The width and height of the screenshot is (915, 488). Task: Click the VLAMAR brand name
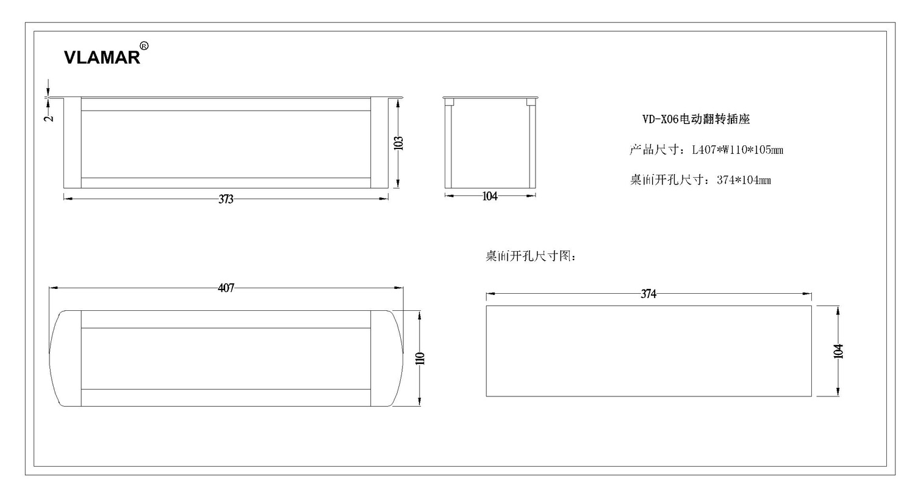pyautogui.click(x=102, y=57)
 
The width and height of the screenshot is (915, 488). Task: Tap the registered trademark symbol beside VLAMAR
pyautogui.click(x=144, y=46)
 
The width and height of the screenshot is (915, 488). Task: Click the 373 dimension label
pyautogui.click(x=226, y=199)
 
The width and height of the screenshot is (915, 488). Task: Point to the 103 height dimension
pyautogui.click(x=399, y=143)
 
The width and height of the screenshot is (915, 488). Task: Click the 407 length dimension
pyautogui.click(x=226, y=288)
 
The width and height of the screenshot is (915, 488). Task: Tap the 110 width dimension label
pyautogui.click(x=420, y=359)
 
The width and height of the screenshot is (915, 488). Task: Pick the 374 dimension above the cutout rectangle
pyautogui.click(x=648, y=294)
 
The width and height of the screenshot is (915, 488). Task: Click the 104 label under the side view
pyautogui.click(x=490, y=196)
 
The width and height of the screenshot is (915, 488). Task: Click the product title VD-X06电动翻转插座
pyautogui.click(x=696, y=119)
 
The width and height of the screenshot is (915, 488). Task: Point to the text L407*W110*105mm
pyautogui.click(x=737, y=150)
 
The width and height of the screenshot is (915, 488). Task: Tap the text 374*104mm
pyautogui.click(x=744, y=180)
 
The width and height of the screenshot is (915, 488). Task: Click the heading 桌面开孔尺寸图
pyautogui.click(x=528, y=256)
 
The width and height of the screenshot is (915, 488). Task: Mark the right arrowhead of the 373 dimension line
pyautogui.click(x=384, y=198)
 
